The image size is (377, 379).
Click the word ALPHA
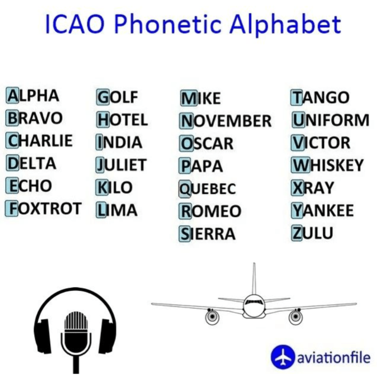click(33, 95)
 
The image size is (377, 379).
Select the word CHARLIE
click(39, 140)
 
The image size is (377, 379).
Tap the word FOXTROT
click(44, 209)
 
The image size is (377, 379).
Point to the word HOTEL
click(122, 119)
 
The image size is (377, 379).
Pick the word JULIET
click(121, 165)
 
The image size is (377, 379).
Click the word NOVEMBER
click(225, 121)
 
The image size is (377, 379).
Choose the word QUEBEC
click(208, 189)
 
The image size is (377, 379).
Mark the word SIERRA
click(207, 234)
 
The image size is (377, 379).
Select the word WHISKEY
click(328, 165)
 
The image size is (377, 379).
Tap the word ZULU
click(312, 233)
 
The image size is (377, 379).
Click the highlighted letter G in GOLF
click(103, 97)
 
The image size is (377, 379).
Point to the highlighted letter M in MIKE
click(189, 98)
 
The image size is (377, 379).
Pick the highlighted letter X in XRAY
click(297, 188)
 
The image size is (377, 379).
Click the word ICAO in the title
click(75, 24)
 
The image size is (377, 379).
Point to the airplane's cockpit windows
click(253, 302)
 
